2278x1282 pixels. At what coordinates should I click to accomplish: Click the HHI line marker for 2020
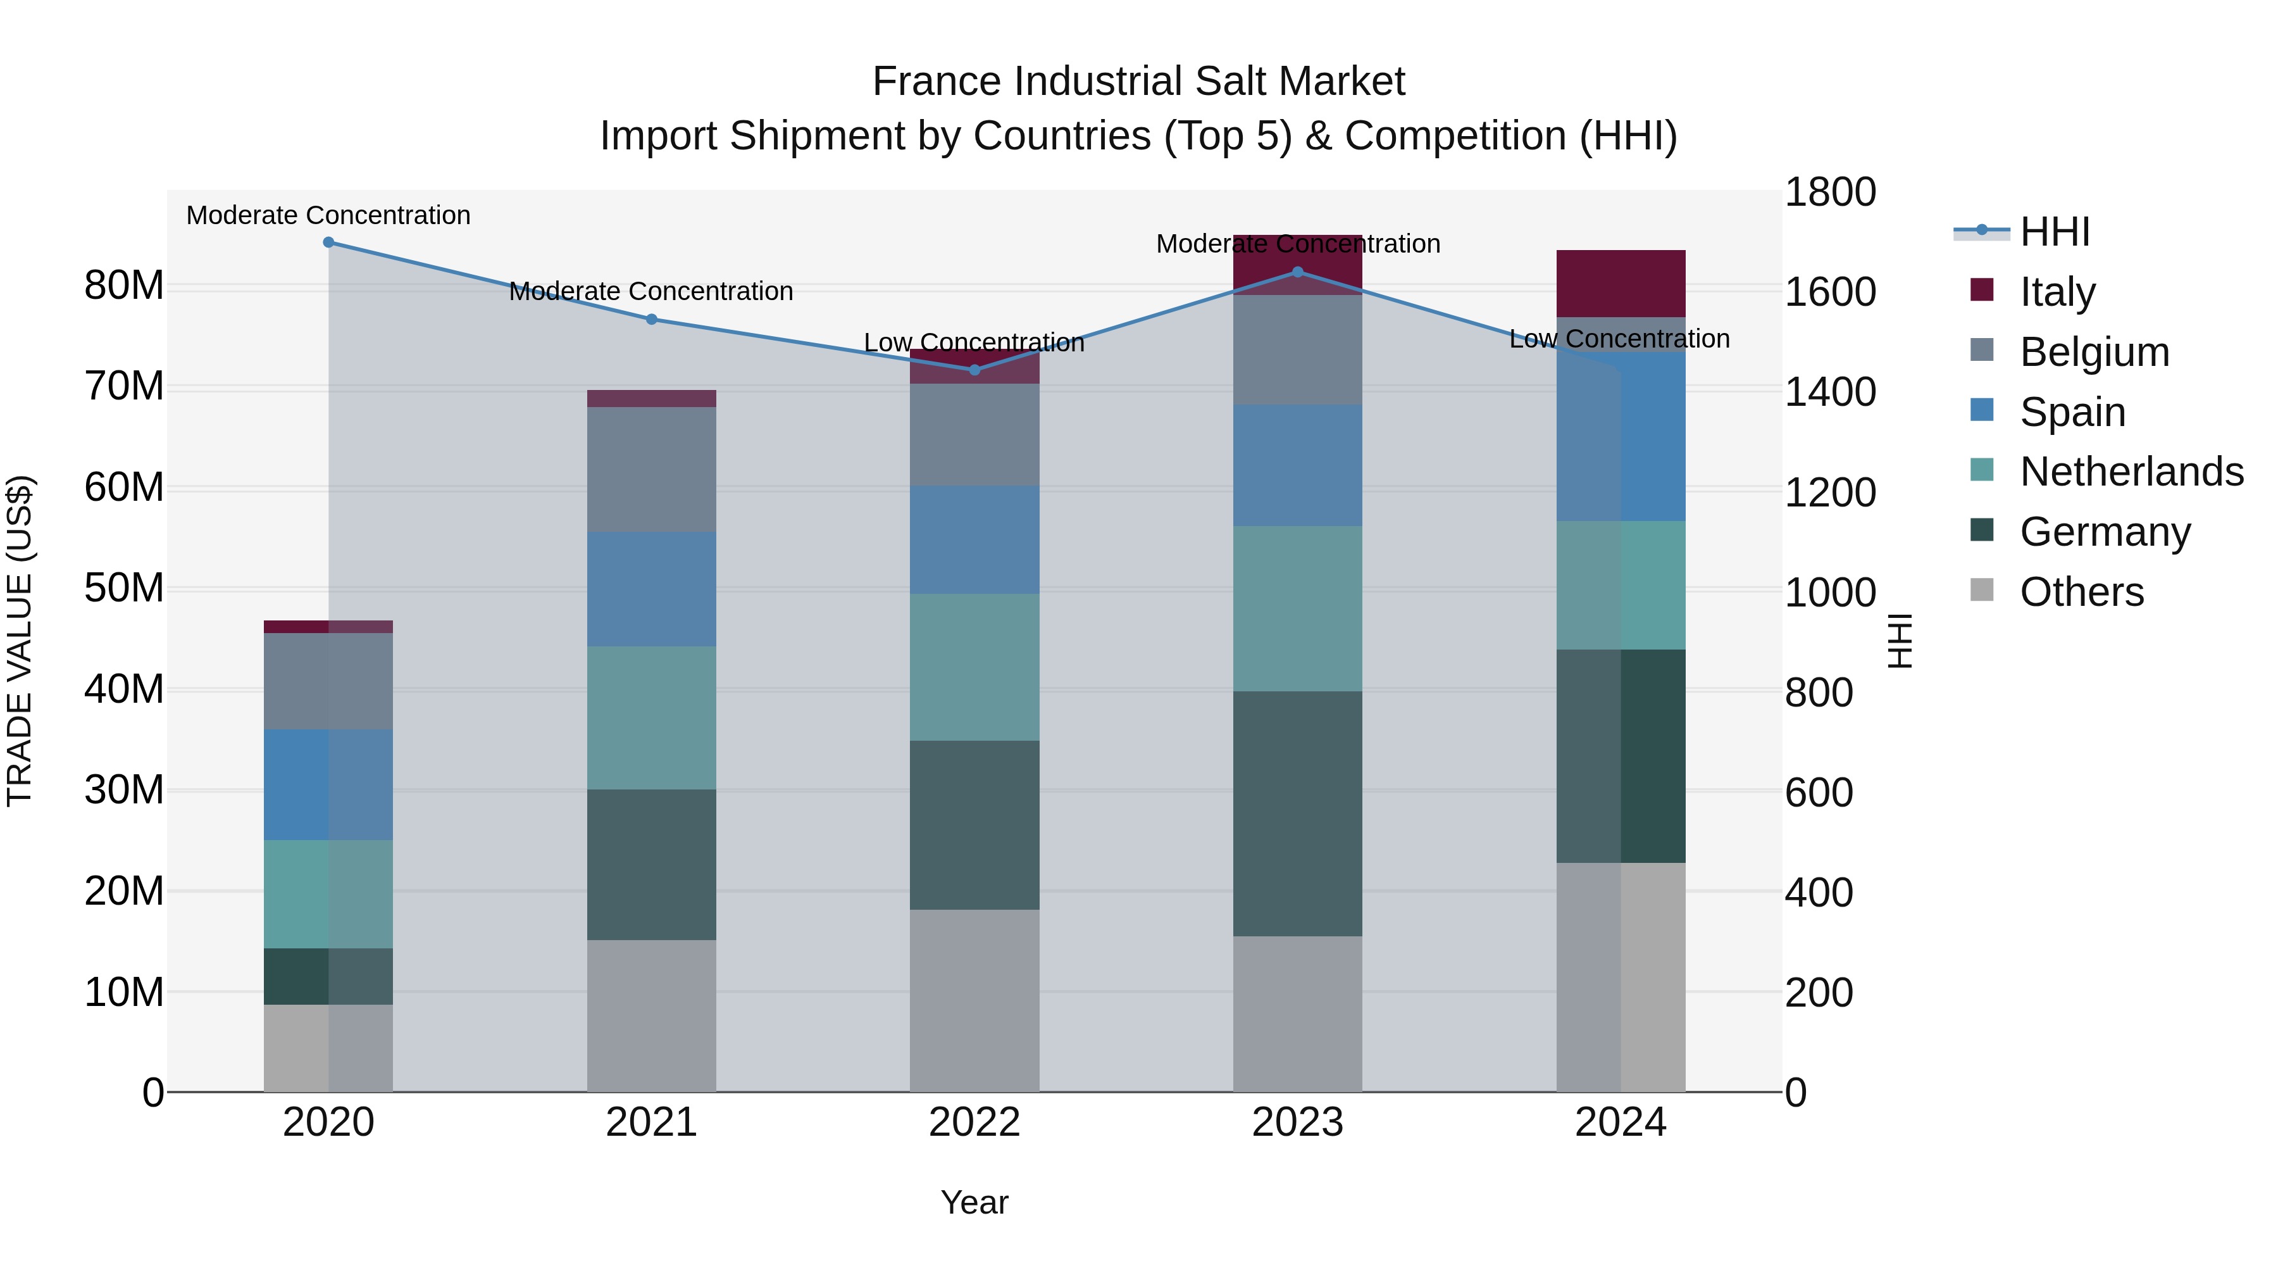point(328,242)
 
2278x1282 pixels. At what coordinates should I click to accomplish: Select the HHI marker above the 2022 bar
point(974,370)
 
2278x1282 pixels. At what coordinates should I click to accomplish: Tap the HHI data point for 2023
point(1297,272)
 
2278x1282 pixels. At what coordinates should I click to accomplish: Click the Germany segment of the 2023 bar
point(1297,814)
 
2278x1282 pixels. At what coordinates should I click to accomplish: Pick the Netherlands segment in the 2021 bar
point(652,717)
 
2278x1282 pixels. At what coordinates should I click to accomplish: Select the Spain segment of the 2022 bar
point(974,539)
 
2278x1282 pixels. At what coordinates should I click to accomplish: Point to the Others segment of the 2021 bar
point(652,1015)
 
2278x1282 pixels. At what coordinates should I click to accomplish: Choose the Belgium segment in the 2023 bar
point(1297,350)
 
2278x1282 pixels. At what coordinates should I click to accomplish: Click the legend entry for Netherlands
point(2131,472)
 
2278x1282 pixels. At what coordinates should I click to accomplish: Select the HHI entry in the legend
point(2054,232)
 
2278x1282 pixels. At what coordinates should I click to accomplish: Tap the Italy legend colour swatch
point(1982,290)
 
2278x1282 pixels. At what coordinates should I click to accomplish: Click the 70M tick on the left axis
point(124,387)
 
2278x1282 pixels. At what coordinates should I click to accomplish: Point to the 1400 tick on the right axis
point(1829,392)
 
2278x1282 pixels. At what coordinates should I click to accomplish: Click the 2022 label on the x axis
point(974,1122)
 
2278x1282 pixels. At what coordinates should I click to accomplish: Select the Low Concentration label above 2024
point(1619,339)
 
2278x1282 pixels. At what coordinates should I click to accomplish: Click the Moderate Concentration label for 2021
point(651,291)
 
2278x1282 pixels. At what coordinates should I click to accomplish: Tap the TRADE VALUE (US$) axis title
point(20,641)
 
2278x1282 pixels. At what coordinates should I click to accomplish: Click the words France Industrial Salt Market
point(1138,82)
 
